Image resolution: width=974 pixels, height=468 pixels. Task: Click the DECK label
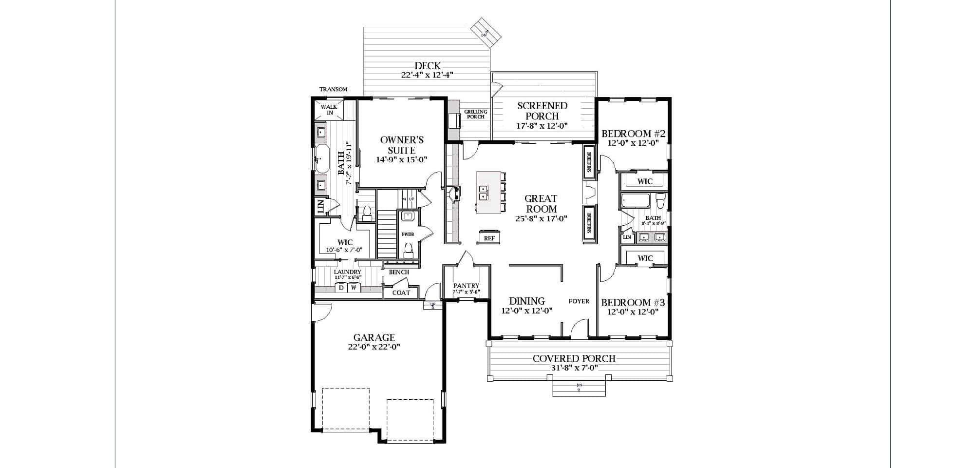(x=428, y=65)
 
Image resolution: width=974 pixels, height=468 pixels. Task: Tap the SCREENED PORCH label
(x=542, y=111)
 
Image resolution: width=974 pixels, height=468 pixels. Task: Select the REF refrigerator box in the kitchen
(x=489, y=238)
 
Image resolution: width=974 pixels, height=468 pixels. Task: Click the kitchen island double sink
(x=483, y=193)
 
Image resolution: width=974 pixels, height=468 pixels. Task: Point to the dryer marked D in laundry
(x=341, y=288)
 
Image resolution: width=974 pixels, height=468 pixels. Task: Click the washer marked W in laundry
(x=354, y=288)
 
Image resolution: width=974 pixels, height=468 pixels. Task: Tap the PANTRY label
(x=466, y=286)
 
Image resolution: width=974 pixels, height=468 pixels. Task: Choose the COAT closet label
(x=401, y=292)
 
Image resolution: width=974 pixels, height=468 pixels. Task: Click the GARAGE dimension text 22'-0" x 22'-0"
(x=374, y=347)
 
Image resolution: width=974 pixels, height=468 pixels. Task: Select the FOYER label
(x=579, y=301)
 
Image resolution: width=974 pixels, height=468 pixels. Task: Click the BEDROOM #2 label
(x=633, y=134)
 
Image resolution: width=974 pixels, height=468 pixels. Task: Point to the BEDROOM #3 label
(x=633, y=302)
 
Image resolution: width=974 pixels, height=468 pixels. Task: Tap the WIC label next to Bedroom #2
(x=645, y=181)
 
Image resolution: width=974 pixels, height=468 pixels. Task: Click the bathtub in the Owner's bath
(x=321, y=159)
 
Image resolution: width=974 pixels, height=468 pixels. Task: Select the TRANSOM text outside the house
(x=333, y=89)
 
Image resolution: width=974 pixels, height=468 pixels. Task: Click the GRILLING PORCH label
(x=475, y=114)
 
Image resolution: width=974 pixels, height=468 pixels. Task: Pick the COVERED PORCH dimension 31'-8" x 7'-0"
(x=574, y=369)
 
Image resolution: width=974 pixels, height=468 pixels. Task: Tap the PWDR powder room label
(x=408, y=234)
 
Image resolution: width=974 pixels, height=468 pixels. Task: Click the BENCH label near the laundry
(x=399, y=272)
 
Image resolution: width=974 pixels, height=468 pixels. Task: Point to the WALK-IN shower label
(x=329, y=110)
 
